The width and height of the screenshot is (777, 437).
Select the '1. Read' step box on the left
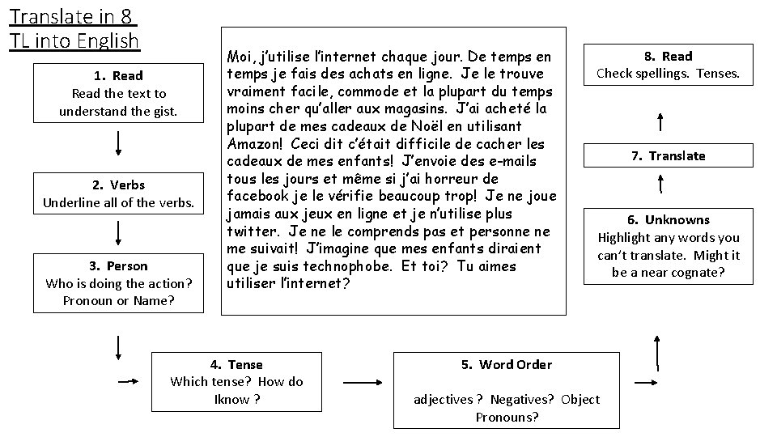click(x=118, y=93)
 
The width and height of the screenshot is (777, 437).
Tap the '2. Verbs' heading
click(x=118, y=185)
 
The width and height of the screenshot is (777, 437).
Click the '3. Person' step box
click(x=118, y=283)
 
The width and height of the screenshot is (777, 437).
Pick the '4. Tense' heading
click(x=236, y=364)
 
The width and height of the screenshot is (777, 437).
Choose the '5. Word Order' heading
click(x=507, y=364)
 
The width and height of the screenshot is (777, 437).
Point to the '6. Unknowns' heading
click(x=669, y=219)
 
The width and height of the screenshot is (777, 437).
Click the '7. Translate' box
click(x=669, y=155)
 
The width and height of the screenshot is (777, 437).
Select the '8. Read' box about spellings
click(x=669, y=65)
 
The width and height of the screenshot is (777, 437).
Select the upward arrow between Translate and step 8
click(x=662, y=122)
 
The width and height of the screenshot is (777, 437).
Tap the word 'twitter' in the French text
click(x=251, y=231)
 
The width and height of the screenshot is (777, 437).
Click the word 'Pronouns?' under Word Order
click(x=507, y=418)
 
